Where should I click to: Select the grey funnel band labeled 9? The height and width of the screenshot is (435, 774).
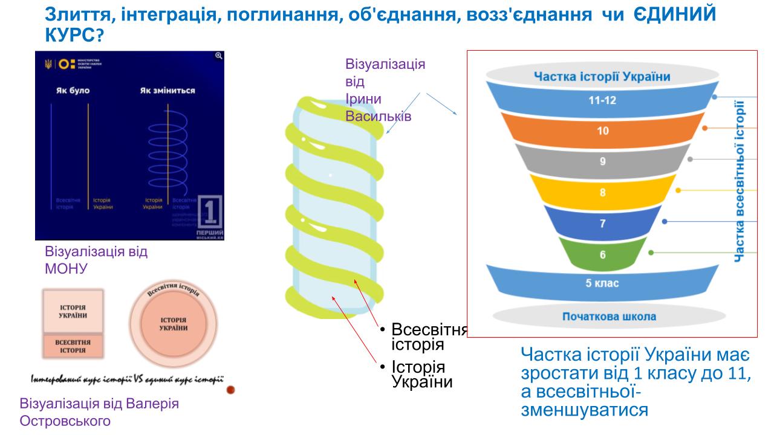[x=603, y=161]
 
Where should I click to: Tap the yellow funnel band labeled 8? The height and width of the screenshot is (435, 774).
[x=603, y=193]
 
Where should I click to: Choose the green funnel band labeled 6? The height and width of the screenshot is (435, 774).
[x=603, y=254]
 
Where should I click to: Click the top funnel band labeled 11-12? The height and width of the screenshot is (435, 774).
[x=603, y=100]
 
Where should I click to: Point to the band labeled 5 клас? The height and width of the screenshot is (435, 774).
[x=603, y=283]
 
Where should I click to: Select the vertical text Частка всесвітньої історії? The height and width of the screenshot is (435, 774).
[x=739, y=181]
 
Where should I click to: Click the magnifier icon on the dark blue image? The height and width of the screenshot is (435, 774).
[x=219, y=56]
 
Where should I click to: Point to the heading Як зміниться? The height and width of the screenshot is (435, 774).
[x=167, y=91]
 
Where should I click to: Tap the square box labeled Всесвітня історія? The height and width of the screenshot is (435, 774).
[x=73, y=346]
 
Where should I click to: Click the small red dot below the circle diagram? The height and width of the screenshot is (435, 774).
[x=230, y=390]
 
